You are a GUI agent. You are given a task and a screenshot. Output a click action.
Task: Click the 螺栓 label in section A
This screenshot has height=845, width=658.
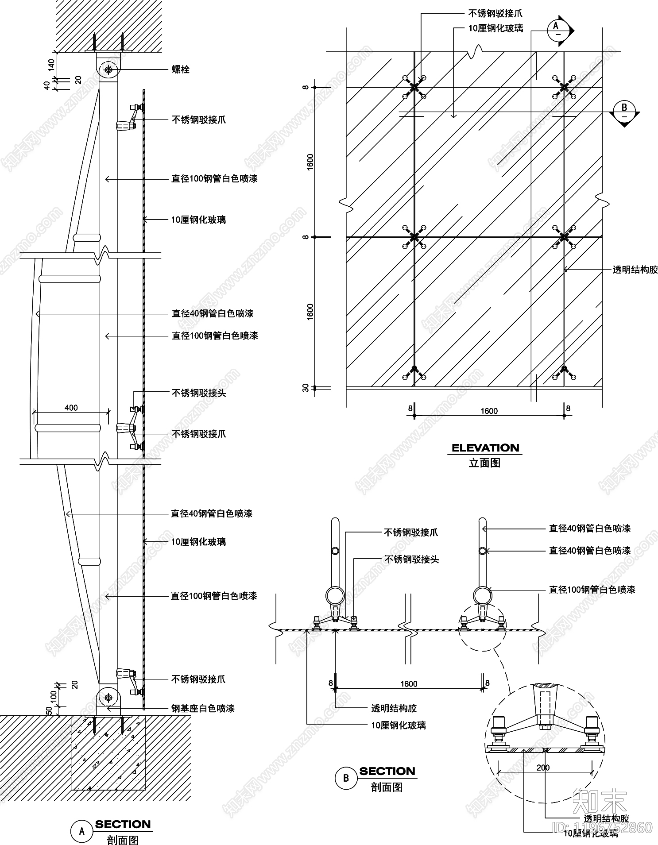point(181,69)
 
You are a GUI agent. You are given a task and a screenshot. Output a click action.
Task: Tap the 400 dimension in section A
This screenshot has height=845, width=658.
point(71,408)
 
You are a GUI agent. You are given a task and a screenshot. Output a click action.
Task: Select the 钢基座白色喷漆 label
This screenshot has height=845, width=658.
point(203,708)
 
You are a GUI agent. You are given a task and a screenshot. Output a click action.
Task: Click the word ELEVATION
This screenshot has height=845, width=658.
point(485,448)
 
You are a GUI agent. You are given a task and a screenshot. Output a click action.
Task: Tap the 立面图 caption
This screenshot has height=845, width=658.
point(484,463)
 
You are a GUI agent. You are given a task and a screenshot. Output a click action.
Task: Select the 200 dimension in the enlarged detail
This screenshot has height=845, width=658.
point(543,768)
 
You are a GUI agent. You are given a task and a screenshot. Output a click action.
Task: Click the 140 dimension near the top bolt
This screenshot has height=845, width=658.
point(51,65)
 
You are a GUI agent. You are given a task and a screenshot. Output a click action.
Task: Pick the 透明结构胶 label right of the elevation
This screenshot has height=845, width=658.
point(635,270)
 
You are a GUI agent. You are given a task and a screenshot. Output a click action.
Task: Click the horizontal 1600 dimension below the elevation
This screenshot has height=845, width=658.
point(489,411)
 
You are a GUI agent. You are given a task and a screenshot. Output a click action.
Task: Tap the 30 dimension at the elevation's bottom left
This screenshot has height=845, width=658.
point(306,388)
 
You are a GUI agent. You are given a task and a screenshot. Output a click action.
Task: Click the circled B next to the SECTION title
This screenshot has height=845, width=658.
point(346,778)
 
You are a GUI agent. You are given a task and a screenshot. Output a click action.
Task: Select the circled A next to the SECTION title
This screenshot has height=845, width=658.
point(82,832)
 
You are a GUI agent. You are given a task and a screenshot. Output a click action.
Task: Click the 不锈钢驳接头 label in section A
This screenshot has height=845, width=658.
point(199,393)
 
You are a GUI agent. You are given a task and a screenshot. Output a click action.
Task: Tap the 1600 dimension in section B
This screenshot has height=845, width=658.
point(409,684)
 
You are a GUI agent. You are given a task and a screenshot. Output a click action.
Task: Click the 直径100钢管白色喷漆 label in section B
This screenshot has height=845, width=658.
point(592,590)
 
